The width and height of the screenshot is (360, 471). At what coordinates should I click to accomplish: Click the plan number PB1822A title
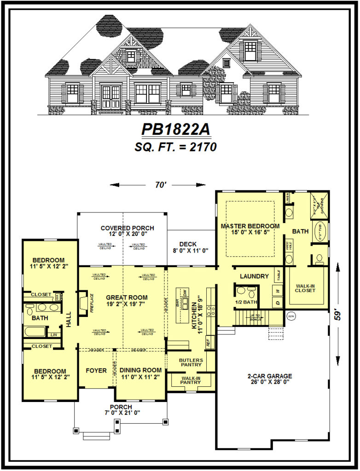[x=176, y=130]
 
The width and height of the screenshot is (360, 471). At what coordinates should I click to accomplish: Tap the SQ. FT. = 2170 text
[x=176, y=147]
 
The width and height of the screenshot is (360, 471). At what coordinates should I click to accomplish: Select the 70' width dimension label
[x=160, y=185]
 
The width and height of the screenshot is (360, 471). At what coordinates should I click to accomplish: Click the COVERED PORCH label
[x=127, y=228]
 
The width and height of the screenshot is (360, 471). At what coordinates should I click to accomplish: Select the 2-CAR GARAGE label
[x=269, y=376]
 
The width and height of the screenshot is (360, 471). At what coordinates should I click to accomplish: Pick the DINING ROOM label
[x=140, y=370]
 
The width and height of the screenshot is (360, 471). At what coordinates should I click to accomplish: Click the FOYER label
[x=96, y=370]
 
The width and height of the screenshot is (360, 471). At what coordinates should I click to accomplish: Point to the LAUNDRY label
[x=254, y=276]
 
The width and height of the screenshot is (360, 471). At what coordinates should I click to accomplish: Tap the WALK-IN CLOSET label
[x=306, y=288]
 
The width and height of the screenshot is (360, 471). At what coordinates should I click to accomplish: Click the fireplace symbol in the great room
[x=83, y=304]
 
